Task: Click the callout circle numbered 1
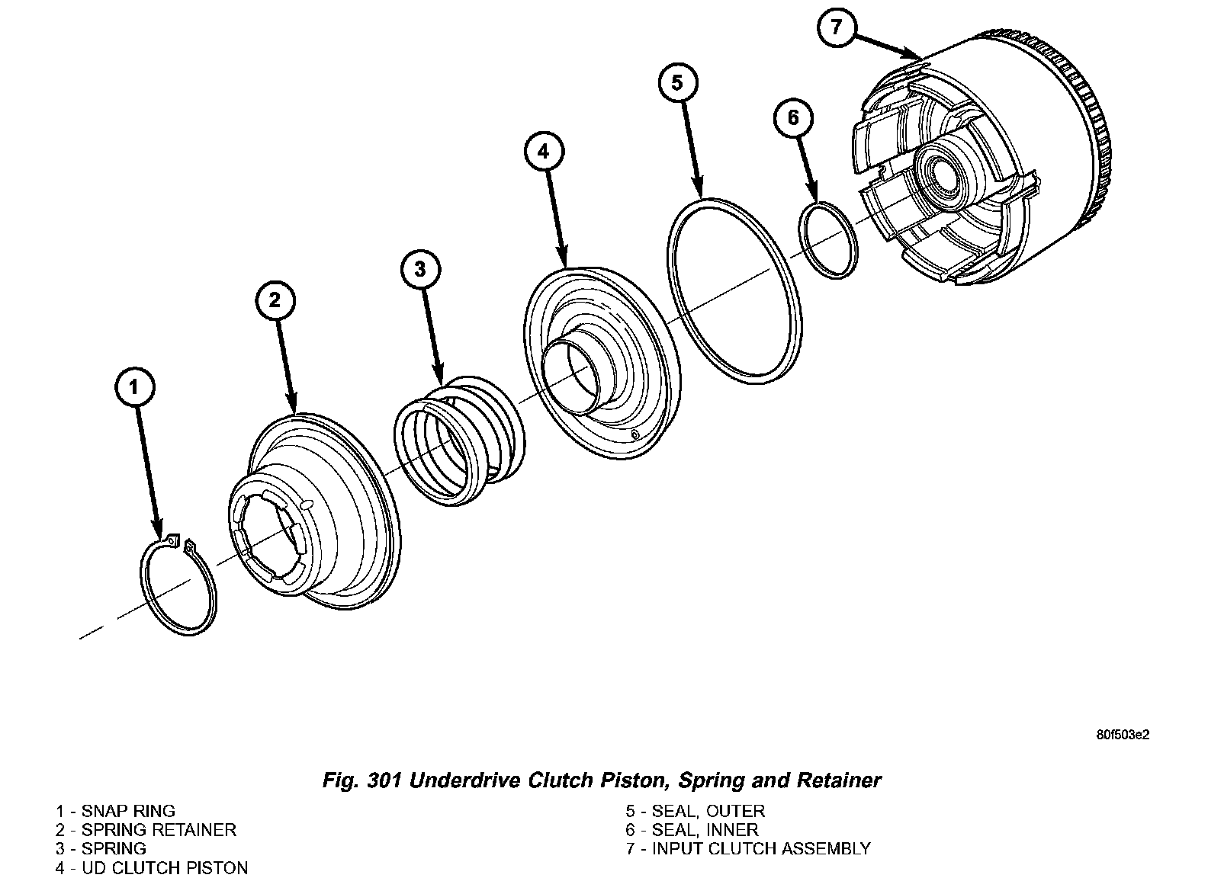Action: click(x=134, y=387)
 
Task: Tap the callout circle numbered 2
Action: click(x=275, y=300)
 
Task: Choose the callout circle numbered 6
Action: click(x=793, y=117)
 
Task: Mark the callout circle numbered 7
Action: click(x=837, y=27)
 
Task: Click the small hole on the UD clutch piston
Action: click(x=635, y=434)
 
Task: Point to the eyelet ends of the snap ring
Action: click(x=181, y=543)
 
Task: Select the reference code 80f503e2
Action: click(x=1123, y=735)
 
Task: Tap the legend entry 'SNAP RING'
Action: click(x=128, y=811)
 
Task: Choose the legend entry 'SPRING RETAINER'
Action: click(x=159, y=830)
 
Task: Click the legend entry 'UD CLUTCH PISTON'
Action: click(x=165, y=868)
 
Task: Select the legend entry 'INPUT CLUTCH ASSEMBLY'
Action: click(x=760, y=849)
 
